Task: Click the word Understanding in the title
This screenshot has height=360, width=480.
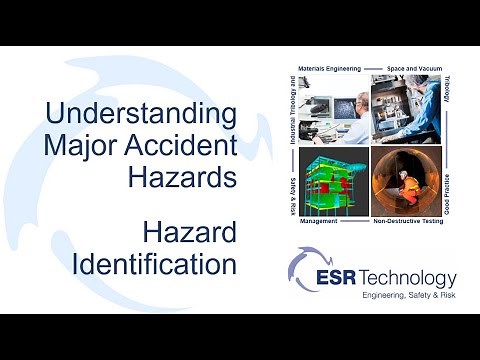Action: [140, 111]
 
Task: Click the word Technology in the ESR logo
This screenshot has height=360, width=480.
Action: [414, 278]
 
